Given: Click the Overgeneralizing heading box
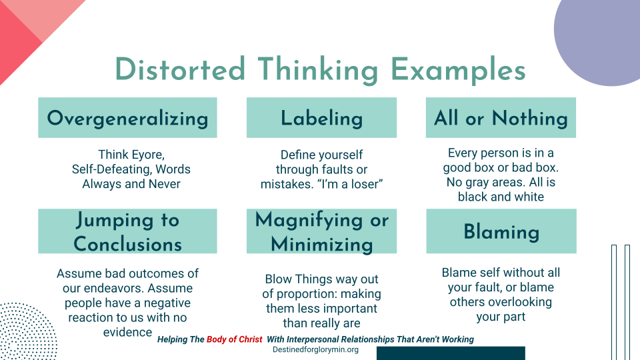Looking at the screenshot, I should coord(127,118).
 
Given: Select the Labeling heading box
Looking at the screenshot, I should coord(321,118).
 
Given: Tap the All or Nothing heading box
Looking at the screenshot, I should coord(501,118).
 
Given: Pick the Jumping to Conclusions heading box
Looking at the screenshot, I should coord(127,231).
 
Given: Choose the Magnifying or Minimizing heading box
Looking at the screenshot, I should coord(321,231).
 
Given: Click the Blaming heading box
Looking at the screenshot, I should coord(501,231).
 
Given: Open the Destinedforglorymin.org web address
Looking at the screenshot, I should coord(316,349).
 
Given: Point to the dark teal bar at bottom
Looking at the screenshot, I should coord(451,353).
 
